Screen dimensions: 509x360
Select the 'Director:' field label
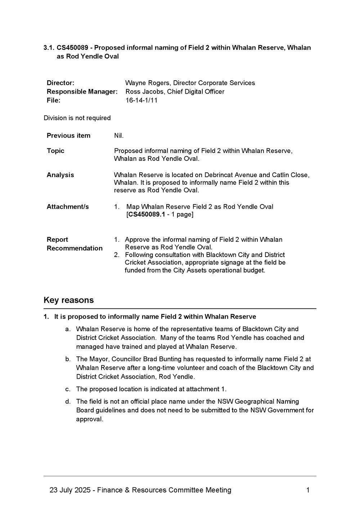(x=60, y=83)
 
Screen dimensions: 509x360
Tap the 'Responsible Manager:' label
(x=82, y=91)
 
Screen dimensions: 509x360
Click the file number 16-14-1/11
(x=141, y=100)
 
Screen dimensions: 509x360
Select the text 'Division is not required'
(x=77, y=118)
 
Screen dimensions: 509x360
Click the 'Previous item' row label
(x=68, y=135)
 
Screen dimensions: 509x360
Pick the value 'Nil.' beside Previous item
(x=119, y=135)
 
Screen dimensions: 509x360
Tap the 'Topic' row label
(x=55, y=150)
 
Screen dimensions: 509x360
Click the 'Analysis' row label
(x=60, y=175)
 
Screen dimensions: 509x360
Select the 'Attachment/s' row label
(x=68, y=206)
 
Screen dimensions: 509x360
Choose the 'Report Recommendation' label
(x=75, y=244)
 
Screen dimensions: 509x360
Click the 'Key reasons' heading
(x=68, y=300)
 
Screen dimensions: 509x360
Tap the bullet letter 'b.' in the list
(x=68, y=359)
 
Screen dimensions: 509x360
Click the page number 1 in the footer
(x=308, y=490)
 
